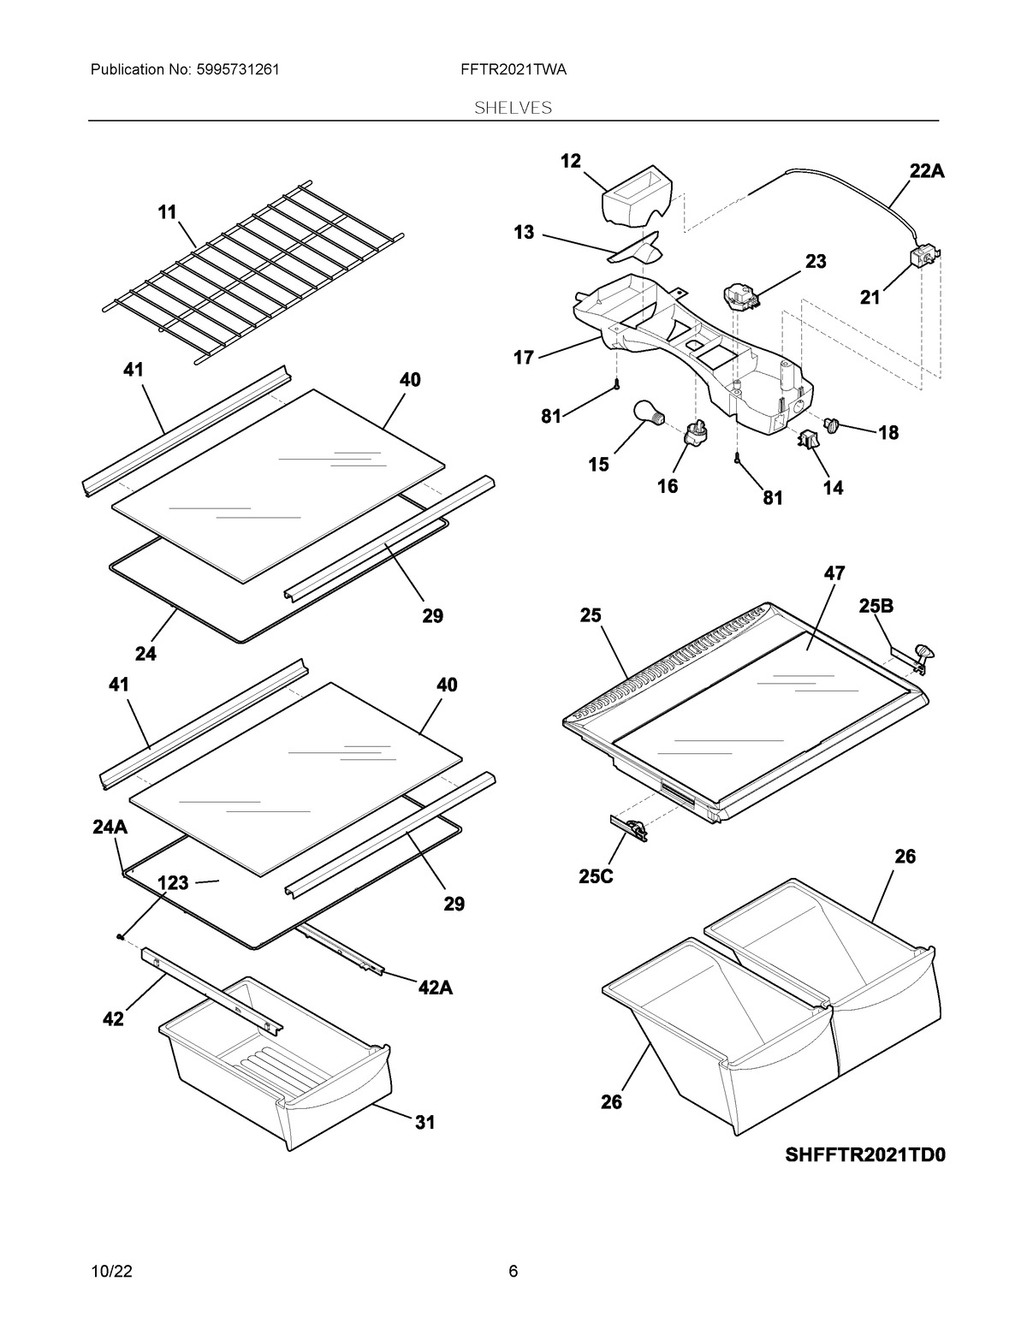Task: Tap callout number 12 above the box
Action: pos(571,161)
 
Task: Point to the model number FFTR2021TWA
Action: pos(513,70)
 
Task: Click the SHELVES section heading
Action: pos(513,108)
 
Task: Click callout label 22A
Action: pos(927,171)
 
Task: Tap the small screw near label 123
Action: pos(121,937)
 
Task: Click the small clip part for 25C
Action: pos(630,826)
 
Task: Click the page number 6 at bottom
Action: pos(513,1272)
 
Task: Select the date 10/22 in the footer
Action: pos(110,1272)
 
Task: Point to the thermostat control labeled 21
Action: pos(924,257)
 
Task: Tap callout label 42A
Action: pos(435,988)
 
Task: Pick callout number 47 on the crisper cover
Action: pos(834,573)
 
